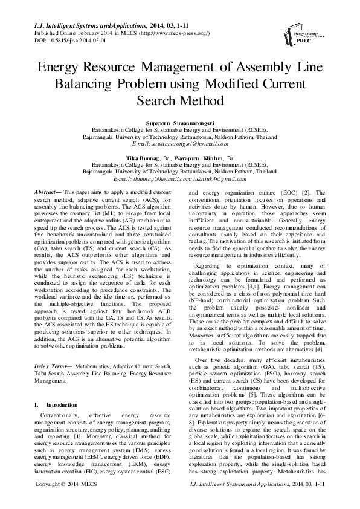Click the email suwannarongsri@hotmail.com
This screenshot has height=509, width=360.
pyautogui.click(x=179, y=145)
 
